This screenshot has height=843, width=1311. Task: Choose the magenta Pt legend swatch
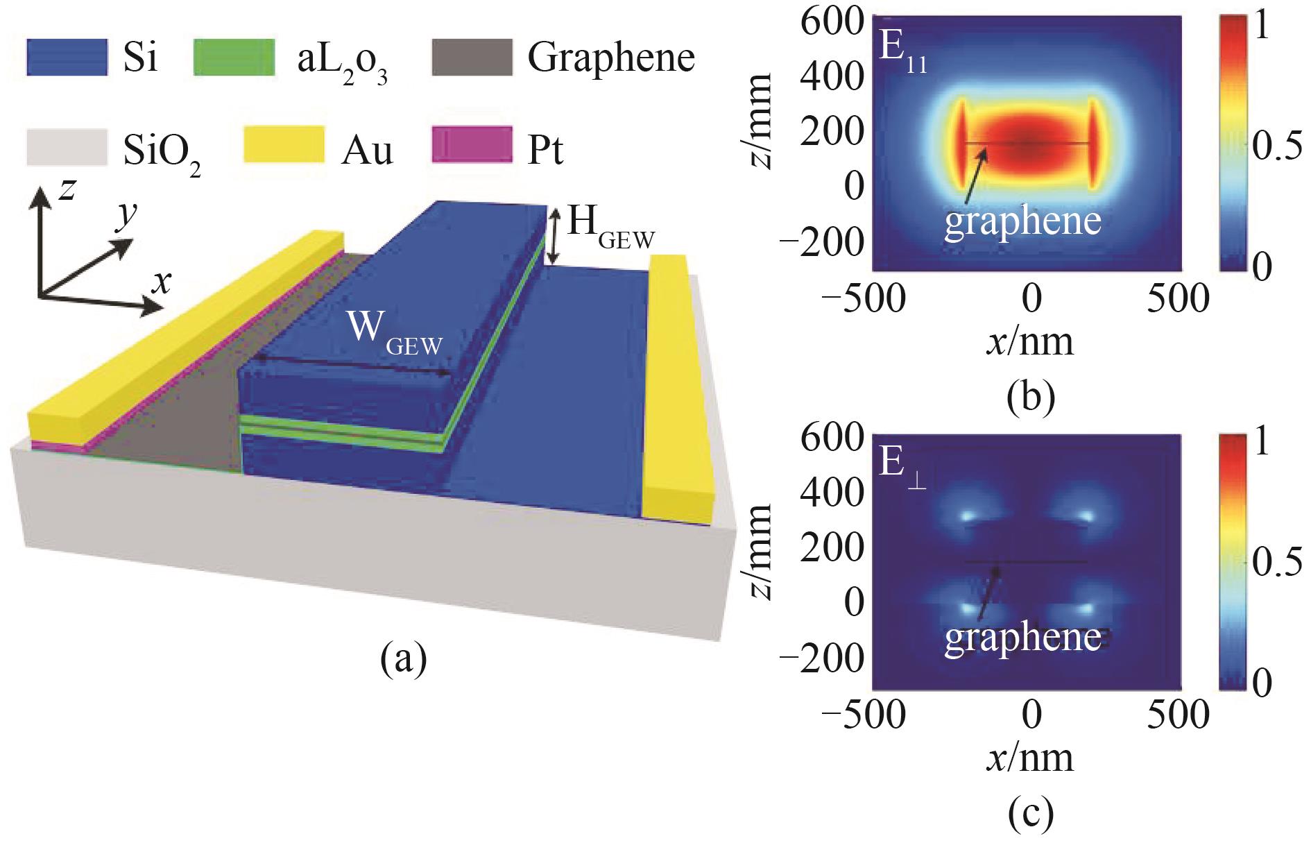(x=472, y=146)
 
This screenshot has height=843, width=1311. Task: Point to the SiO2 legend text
(x=162, y=153)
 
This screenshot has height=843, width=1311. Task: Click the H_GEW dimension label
(x=609, y=228)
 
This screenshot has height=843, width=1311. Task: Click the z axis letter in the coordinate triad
(x=67, y=188)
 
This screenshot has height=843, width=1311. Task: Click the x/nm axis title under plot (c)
(x=1029, y=758)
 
